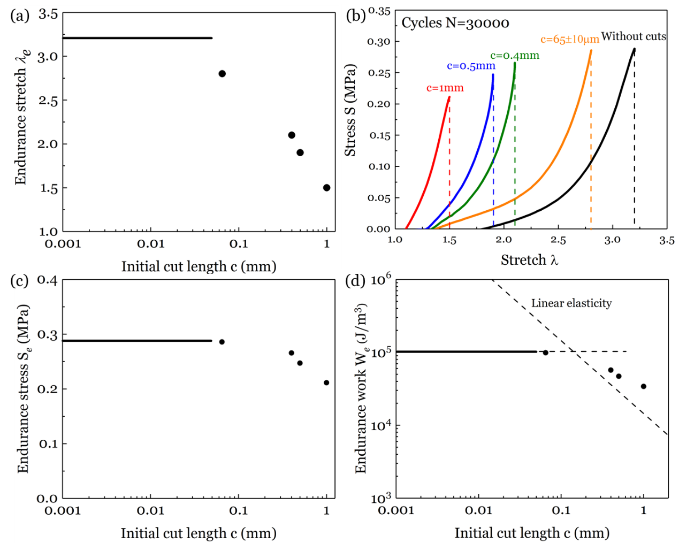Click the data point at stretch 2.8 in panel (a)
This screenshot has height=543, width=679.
tap(222, 74)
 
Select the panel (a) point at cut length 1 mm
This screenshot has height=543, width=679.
tap(326, 188)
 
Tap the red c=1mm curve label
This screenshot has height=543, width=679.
tap(445, 88)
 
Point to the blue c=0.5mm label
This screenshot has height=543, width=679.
tap(471, 66)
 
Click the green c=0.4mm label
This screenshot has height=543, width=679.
tap(515, 56)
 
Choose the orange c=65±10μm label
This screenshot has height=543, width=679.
tap(569, 40)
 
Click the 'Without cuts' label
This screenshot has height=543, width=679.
tap(634, 36)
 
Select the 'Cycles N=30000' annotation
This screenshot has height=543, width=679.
tap(455, 23)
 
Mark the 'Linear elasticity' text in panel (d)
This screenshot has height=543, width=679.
tap(571, 303)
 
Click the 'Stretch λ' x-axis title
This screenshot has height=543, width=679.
tap(529, 260)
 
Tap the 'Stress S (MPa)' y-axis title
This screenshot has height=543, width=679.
tap(350, 110)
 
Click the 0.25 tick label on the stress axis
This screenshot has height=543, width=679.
tap(379, 73)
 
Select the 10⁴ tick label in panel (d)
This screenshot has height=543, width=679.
tap(381, 425)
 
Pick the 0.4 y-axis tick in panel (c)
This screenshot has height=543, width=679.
tap(47, 280)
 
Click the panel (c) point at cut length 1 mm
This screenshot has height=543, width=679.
tap(326, 383)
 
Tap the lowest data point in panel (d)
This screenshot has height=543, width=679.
tap(643, 386)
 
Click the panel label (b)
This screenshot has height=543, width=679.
tap(356, 15)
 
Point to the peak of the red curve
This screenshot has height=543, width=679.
tap(449, 97)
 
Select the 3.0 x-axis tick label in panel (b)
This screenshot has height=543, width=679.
tap(612, 240)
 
